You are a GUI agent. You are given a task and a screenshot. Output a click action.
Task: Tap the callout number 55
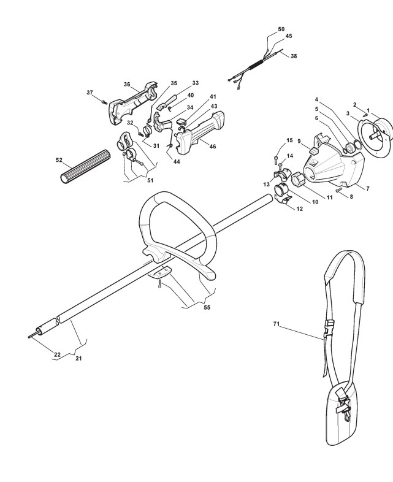(207, 307)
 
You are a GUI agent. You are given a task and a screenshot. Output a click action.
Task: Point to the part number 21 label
(78, 358)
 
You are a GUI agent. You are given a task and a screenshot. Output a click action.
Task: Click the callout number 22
(57, 354)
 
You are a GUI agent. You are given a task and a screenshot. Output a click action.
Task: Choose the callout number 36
(127, 85)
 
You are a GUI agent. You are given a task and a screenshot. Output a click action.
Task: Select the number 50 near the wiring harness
(281, 29)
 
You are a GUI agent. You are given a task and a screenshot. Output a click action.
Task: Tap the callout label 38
(294, 56)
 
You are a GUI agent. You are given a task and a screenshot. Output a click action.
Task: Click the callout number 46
(213, 147)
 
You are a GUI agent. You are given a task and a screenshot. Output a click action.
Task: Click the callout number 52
(59, 160)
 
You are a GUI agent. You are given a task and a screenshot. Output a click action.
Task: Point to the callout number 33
(195, 83)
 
